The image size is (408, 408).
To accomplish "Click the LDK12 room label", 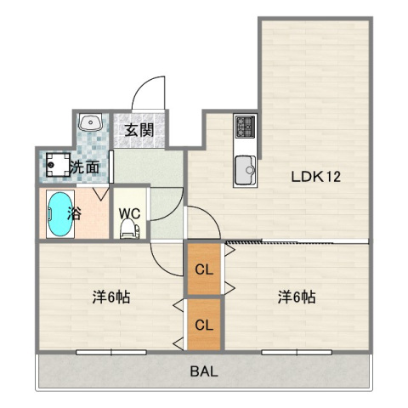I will [315, 178].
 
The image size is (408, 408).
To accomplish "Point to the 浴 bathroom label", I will [75, 212].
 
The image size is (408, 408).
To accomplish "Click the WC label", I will [130, 212].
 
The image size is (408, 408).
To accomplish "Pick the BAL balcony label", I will [202, 371].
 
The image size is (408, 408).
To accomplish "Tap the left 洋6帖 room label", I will [111, 297].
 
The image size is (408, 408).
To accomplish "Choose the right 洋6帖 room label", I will [297, 297].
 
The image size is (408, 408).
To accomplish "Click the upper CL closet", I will [204, 270].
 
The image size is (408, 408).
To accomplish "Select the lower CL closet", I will [204, 324].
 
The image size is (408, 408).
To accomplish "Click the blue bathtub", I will [57, 215].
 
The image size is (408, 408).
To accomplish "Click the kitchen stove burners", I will [246, 127].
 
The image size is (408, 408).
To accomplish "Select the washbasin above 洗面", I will [90, 124].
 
